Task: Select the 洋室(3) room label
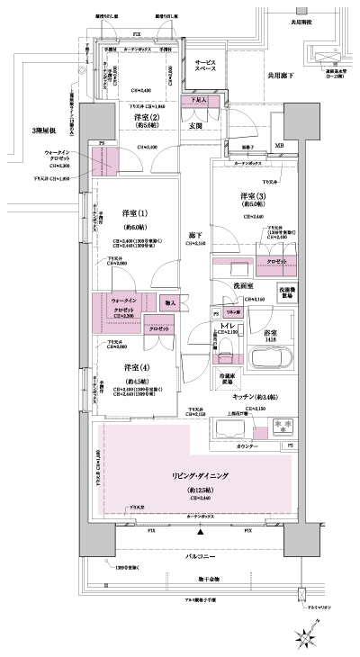[x=252, y=196]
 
